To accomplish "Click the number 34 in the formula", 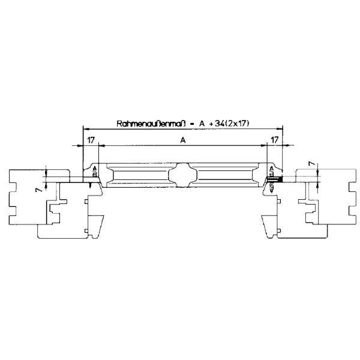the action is pos(220,124).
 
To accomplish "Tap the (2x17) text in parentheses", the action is pos(237,124).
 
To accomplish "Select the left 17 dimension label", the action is pos(91,140).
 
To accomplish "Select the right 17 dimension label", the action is pos(275,140).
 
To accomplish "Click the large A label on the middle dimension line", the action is pos(183,140).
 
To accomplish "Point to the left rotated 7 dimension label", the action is pos(40,190).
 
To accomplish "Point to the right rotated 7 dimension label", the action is pos(311,164).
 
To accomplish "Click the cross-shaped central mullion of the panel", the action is pos(183,175).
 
